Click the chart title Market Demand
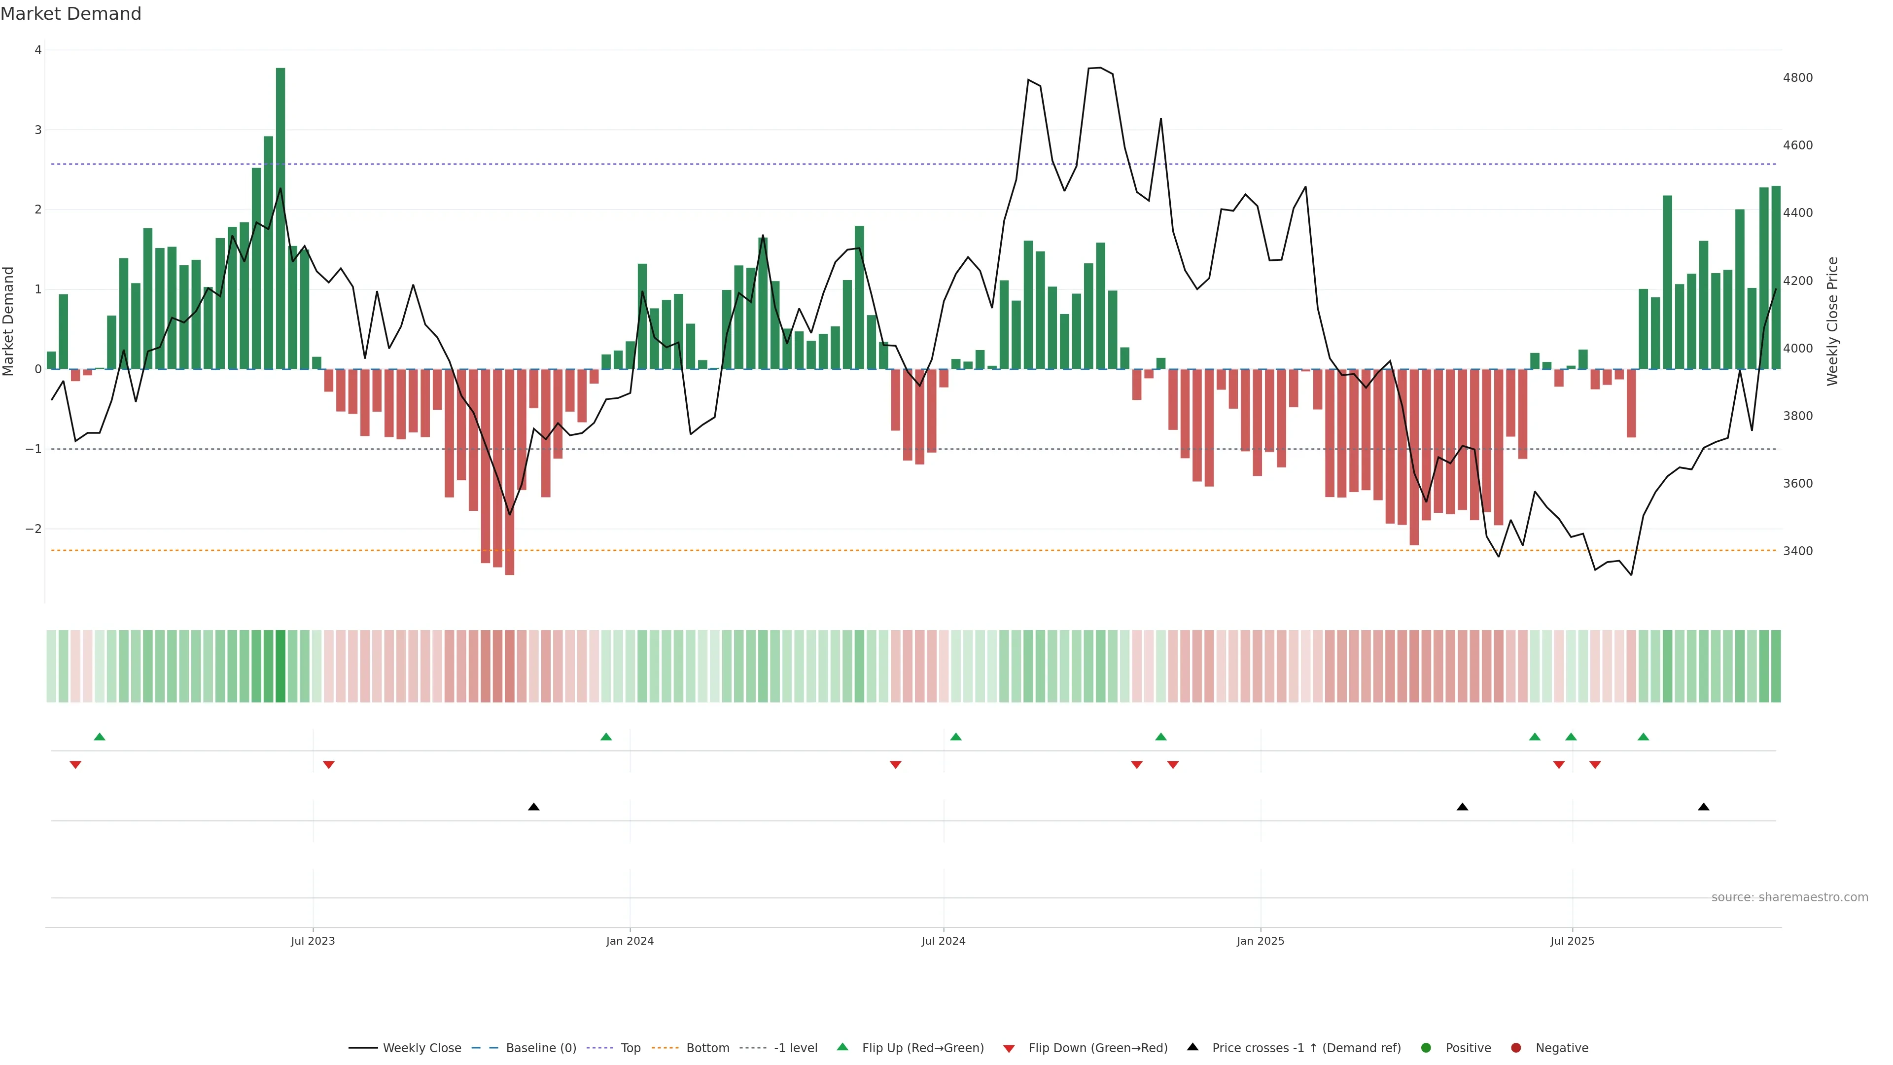(x=70, y=14)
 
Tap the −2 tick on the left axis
(x=33, y=529)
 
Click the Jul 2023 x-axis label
(x=313, y=941)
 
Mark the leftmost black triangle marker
(x=533, y=807)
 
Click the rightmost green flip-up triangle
(x=1643, y=737)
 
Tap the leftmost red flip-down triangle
(x=75, y=765)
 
